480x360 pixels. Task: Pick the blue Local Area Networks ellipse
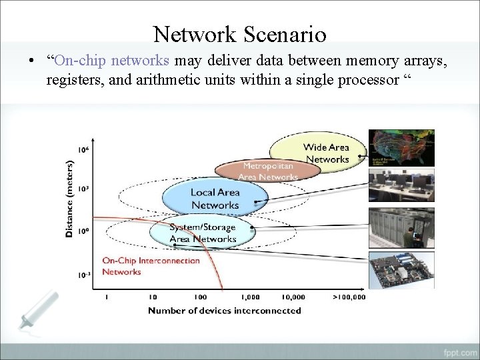(x=215, y=198)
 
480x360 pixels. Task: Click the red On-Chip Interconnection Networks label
(x=151, y=266)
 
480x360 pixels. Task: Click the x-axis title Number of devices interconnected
(x=224, y=311)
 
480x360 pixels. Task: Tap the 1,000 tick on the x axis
(x=251, y=297)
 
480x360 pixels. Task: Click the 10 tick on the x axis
(x=153, y=297)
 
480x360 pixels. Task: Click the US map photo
(x=401, y=147)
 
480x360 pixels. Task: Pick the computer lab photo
(x=401, y=186)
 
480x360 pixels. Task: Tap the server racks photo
(x=401, y=228)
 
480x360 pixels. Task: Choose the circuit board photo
(x=401, y=270)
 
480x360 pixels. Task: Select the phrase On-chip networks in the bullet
(x=113, y=61)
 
